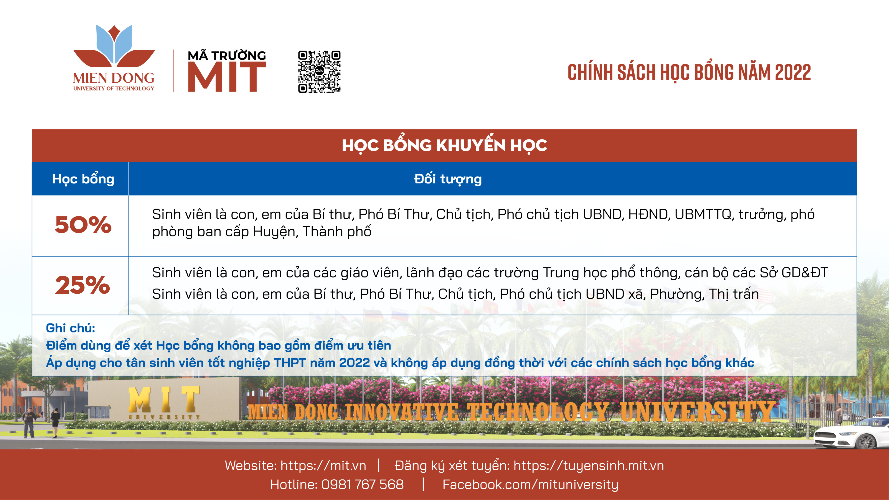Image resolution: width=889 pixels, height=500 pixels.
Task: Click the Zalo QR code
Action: pos(319,72)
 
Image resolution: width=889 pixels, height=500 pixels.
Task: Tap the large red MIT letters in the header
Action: pos(227,77)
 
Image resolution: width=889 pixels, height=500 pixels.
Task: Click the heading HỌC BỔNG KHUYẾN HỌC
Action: pos(445,145)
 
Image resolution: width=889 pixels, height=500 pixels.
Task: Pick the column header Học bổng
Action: pos(83,179)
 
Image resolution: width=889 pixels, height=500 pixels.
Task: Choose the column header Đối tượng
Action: pos(448,179)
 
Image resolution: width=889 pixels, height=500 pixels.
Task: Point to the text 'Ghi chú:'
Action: pos(70,328)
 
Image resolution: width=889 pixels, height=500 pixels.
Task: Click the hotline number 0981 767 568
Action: pos(362,484)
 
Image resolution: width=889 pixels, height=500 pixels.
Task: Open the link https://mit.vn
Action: pos(323,465)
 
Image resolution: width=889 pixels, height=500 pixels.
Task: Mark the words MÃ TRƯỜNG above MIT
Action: pos(227,55)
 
